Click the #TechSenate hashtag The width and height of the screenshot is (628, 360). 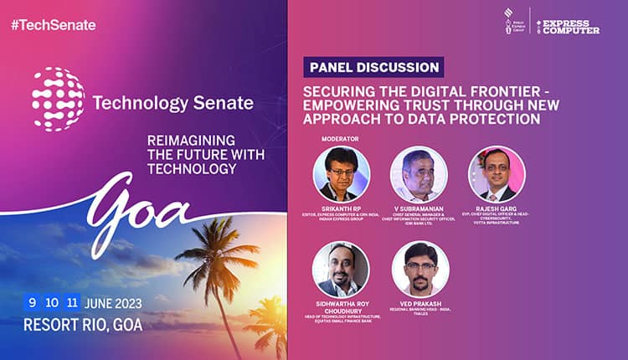(54, 24)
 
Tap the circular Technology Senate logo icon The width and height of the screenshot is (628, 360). (58, 99)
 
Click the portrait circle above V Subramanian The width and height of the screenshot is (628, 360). (419, 174)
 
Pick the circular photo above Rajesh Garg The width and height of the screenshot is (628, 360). (497, 174)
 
